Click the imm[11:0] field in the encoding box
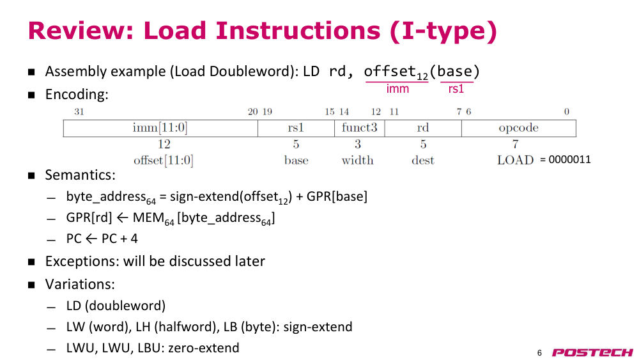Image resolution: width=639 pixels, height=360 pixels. (x=160, y=128)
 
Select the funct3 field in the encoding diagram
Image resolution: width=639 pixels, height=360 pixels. (x=359, y=128)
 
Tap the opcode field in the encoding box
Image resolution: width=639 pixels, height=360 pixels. (x=519, y=128)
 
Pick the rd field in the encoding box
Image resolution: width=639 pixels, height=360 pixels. (x=423, y=128)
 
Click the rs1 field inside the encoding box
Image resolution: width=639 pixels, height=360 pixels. (x=296, y=128)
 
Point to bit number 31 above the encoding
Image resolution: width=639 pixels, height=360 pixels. (x=79, y=112)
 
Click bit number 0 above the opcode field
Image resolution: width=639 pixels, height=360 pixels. (x=566, y=112)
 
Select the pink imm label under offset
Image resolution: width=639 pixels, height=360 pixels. (x=397, y=88)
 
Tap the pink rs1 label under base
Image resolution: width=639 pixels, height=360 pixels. (x=456, y=89)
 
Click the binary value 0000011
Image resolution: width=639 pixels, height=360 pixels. (x=569, y=159)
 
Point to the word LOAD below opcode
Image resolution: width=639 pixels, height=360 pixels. (x=515, y=160)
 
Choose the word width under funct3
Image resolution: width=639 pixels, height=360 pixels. (x=357, y=160)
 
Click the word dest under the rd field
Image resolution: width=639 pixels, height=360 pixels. (x=423, y=160)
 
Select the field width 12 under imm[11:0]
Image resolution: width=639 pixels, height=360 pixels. (x=164, y=145)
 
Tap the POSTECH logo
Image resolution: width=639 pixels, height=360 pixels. (x=592, y=352)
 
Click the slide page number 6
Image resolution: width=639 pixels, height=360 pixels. (x=539, y=353)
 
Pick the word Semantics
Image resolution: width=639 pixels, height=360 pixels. (x=81, y=175)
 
